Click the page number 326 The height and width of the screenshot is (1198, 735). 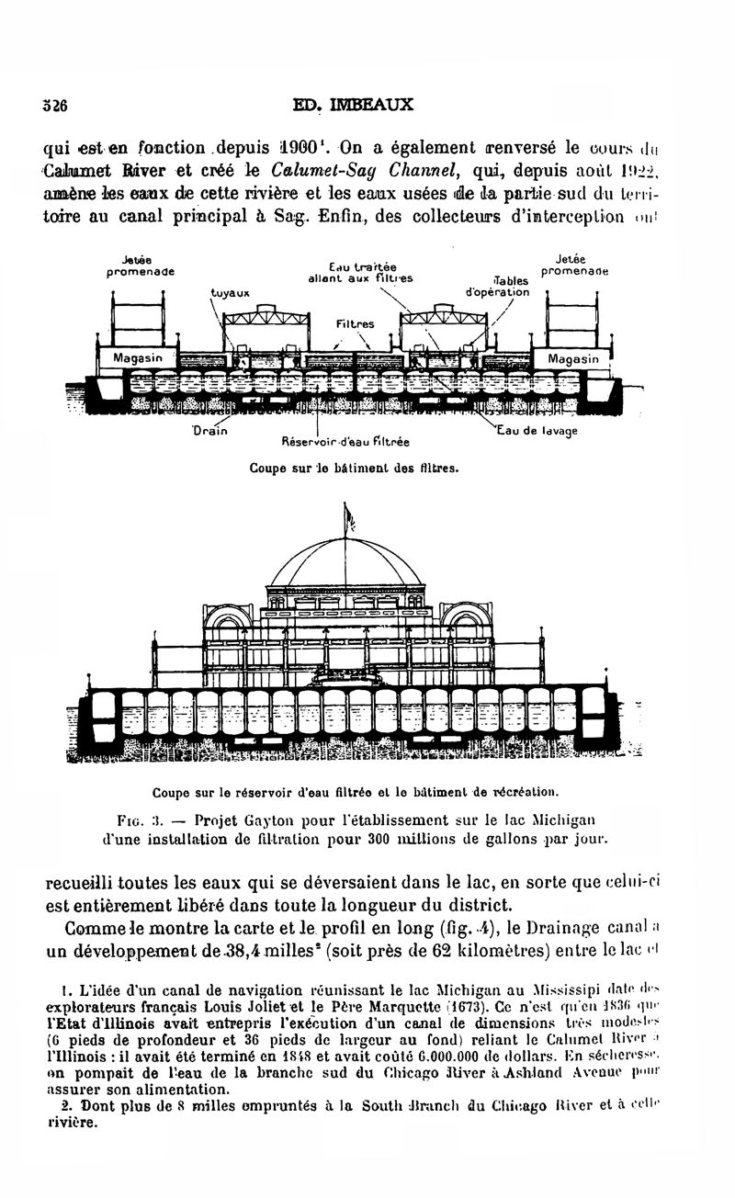click(x=56, y=105)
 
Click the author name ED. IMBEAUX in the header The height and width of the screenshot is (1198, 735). click(x=352, y=105)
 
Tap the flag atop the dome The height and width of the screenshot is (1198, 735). click(x=349, y=521)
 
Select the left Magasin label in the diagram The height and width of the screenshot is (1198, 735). click(x=137, y=357)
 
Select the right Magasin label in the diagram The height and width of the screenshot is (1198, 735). click(x=572, y=358)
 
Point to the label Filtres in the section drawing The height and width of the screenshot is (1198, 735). click(x=355, y=324)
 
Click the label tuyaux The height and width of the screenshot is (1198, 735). click(x=230, y=295)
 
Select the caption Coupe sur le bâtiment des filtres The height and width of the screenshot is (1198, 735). click(x=354, y=468)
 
